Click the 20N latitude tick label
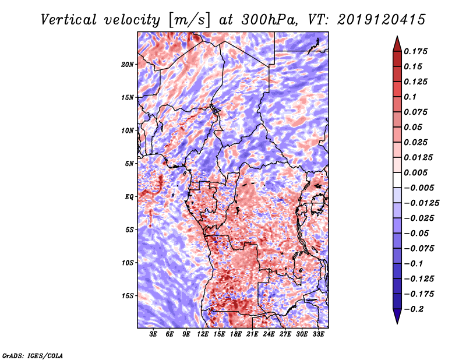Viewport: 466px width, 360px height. point(128,64)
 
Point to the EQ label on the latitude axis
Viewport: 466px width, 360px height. point(129,196)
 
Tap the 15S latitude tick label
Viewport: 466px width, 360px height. point(128,295)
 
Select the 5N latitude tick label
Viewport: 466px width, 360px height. point(129,163)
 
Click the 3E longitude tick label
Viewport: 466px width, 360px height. point(154,334)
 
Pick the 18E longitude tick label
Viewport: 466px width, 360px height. point(236,334)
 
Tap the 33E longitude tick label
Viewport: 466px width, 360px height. point(318,334)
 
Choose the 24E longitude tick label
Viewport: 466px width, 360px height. point(269,334)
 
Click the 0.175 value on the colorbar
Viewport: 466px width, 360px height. point(417,51)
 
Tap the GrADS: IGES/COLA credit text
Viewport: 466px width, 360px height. point(32,355)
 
